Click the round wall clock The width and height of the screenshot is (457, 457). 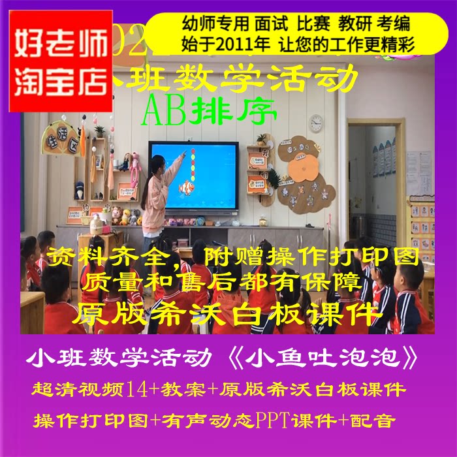pos(316,123)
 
